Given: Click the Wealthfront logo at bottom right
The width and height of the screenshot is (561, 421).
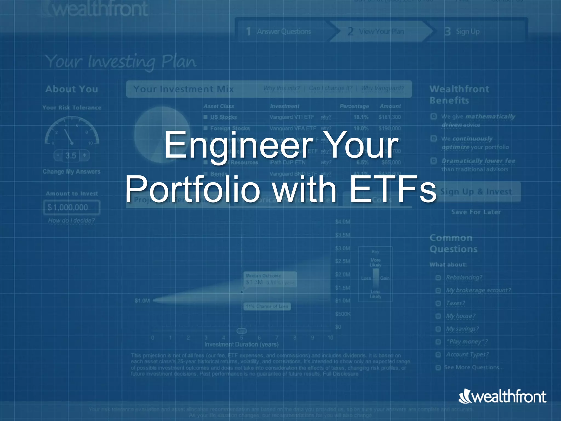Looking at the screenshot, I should click(502, 397).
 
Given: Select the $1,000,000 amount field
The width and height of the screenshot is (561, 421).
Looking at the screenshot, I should click(72, 207).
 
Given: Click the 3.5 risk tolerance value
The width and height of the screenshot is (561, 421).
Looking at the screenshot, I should click(71, 156).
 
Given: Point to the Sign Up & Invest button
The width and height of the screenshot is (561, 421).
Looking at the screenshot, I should click(476, 192).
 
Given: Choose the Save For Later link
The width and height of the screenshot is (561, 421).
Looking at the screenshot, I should click(476, 212).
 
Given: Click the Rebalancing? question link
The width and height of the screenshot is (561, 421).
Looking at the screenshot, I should click(464, 277).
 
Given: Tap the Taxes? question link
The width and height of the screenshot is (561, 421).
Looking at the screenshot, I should click(455, 303).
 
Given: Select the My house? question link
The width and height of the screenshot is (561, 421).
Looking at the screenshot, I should click(460, 316).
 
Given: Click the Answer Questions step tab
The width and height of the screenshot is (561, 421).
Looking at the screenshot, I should click(284, 32).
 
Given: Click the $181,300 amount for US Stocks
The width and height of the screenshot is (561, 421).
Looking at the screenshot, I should click(390, 117).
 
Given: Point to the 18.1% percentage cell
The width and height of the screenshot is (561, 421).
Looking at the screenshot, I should click(361, 117).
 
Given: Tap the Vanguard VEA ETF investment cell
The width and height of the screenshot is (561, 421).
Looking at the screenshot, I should click(293, 128).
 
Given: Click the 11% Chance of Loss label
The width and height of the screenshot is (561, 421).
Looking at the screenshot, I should click(267, 306).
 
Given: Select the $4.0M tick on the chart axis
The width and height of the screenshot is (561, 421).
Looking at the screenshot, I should click(342, 222).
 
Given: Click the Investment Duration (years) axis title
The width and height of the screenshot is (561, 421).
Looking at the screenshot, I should click(241, 344).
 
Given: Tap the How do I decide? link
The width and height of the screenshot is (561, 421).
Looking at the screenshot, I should click(71, 220).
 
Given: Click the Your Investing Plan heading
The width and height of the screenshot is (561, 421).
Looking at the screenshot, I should click(121, 62).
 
